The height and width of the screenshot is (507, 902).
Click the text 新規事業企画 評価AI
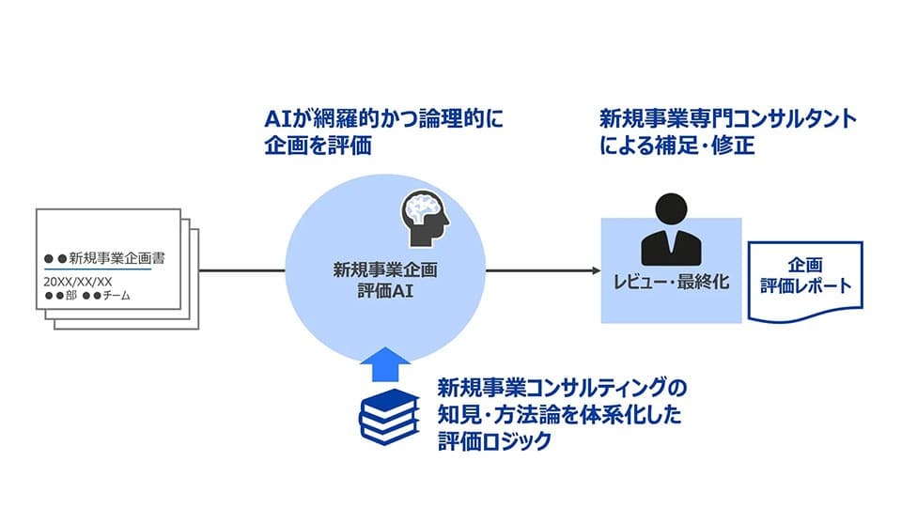tap(385, 280)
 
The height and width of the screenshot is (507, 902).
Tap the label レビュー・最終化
tap(671, 282)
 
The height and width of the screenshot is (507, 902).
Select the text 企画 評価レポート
tap(805, 273)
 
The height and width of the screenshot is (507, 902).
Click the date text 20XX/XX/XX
tap(78, 282)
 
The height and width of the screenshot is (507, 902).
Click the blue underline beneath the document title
tap(98, 270)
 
